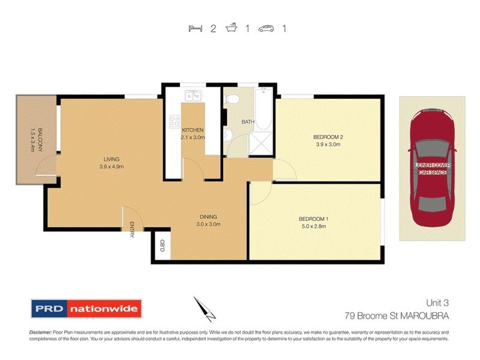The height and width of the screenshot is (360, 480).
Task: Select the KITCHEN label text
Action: (x=193, y=130)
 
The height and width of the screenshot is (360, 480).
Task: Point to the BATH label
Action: (x=248, y=122)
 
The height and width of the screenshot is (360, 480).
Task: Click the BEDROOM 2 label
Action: (x=328, y=137)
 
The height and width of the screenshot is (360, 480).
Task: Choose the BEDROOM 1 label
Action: (x=313, y=219)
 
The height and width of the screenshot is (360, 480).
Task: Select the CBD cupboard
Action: (x=162, y=245)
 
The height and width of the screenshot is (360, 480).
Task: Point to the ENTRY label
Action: (x=131, y=230)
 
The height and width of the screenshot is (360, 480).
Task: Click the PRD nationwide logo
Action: (x=86, y=310)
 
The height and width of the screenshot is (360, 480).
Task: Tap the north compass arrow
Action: (x=204, y=308)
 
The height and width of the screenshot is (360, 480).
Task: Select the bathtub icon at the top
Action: (x=230, y=28)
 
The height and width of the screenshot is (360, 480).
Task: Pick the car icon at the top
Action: (x=266, y=28)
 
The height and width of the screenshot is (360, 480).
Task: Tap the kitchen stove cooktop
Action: (x=175, y=121)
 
